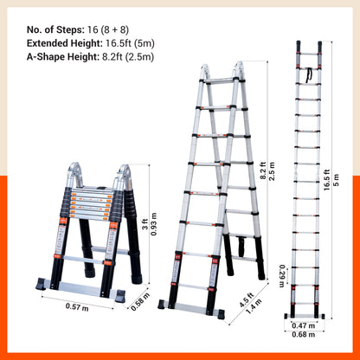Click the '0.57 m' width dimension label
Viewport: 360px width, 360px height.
pos(77,306)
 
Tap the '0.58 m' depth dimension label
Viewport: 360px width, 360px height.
pos(140,302)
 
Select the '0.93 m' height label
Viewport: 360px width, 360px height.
pos(154,224)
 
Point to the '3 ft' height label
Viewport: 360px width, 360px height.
pos(145,224)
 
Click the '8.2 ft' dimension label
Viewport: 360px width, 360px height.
pos(263,170)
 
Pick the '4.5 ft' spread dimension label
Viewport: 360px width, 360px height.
pos(247,300)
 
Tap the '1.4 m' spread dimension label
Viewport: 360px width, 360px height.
pos(254,307)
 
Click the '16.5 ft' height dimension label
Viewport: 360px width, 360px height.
pos(326,180)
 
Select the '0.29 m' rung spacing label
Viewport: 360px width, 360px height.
pos(281,276)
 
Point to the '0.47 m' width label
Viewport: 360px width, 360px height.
pos(304,325)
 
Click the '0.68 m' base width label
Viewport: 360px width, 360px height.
pos(304,335)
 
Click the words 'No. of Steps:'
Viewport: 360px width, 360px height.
pos(55,29)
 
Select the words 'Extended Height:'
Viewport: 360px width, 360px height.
pos(65,43)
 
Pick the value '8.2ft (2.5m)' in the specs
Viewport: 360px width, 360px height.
pos(128,57)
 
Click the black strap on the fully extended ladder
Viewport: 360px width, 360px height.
pos(310,75)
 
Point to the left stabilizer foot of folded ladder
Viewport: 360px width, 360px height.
pos(41,284)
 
